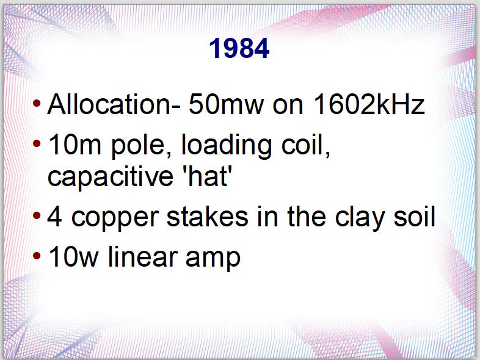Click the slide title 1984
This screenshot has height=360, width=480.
tap(239, 48)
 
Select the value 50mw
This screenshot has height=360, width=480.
tap(226, 104)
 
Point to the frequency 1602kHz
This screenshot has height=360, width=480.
tap(369, 104)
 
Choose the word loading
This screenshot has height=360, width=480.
tap(227, 146)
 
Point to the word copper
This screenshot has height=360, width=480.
tap(115, 219)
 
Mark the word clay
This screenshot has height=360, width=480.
tap(360, 218)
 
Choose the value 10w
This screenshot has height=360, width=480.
tap(73, 257)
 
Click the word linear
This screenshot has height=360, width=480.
tap(142, 256)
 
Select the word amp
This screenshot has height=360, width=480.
tap(213, 259)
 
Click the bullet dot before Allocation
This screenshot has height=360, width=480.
tap(37, 103)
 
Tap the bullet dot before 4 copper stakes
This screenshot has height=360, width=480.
tap(37, 215)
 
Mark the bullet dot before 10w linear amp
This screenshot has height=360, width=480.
tap(37, 256)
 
